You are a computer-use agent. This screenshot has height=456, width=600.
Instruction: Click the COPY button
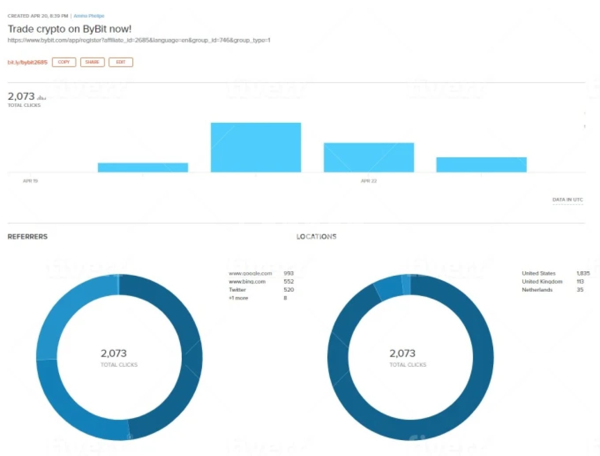tap(64, 62)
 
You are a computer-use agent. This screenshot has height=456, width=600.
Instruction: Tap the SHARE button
tap(92, 62)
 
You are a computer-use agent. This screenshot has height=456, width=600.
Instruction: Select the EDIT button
tap(121, 62)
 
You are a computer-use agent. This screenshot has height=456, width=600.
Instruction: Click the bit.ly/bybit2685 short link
tap(27, 62)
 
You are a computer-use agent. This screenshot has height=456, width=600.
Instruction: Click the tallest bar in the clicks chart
tap(256, 147)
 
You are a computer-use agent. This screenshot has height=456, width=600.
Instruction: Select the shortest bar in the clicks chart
tap(143, 167)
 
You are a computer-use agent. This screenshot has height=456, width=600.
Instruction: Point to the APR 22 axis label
tap(369, 181)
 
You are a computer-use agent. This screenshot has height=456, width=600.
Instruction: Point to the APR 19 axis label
tap(30, 181)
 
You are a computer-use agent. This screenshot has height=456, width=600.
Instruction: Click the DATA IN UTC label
tap(567, 200)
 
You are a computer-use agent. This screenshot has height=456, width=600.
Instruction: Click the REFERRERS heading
tap(27, 237)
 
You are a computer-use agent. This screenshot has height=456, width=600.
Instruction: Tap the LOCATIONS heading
tap(316, 237)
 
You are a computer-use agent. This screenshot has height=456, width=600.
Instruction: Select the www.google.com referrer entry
tap(250, 274)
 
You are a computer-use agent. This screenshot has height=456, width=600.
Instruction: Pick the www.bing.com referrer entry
tap(247, 282)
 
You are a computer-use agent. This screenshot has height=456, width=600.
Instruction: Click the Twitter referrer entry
tap(237, 290)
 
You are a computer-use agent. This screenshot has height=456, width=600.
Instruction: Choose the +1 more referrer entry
tap(238, 298)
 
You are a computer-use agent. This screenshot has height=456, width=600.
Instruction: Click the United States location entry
tap(538, 274)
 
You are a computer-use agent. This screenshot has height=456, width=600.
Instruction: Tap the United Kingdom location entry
tap(542, 282)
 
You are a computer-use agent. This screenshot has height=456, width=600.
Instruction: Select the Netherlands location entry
tap(537, 290)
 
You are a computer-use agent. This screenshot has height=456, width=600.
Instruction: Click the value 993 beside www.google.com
tap(288, 274)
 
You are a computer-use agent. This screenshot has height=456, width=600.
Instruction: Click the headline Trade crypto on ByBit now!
tap(69, 29)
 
